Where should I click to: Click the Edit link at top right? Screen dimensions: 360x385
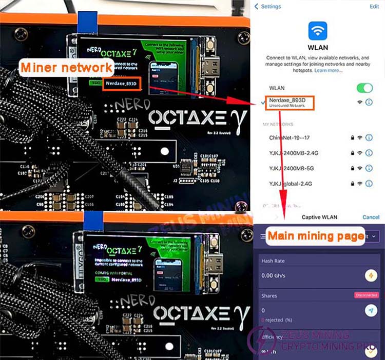[374, 6]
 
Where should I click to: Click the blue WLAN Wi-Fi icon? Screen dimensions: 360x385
[317, 31]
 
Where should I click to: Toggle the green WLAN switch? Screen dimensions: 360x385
[364, 88]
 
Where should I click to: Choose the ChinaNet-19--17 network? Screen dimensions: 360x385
[292, 137]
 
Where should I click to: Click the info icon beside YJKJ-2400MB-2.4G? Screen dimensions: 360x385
[369, 153]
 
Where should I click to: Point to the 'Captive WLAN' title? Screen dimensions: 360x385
[319, 217]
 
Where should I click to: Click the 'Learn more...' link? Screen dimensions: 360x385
[329, 70]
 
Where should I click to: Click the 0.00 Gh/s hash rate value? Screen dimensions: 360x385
[274, 276]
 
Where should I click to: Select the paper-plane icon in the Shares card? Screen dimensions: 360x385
[370, 310]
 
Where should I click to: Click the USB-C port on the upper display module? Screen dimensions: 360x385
[210, 68]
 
